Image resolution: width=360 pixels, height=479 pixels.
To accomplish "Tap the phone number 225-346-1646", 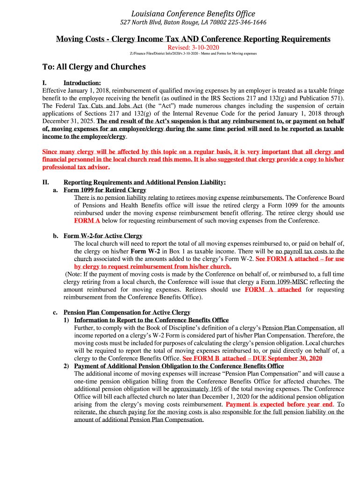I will click(246, 22).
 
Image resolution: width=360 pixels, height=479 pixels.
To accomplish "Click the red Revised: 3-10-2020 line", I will click(193, 48).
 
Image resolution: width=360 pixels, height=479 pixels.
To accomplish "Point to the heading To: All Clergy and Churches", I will click(94, 67).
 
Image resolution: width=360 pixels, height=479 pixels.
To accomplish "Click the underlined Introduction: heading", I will click(82, 83).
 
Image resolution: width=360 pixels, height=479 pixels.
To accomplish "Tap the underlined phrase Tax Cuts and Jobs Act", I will click(110, 106).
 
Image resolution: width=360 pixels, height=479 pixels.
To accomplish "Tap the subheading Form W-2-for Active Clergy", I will click(103, 236).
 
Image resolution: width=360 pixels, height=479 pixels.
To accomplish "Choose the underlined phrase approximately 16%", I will click(196, 389).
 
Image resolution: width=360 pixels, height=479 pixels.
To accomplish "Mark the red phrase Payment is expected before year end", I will click(279, 404).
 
